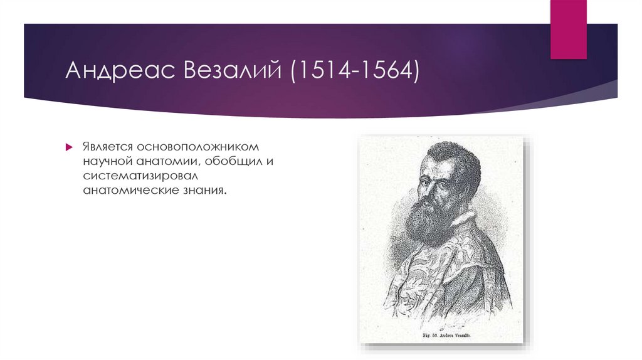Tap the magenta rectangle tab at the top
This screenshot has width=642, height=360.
568,28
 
